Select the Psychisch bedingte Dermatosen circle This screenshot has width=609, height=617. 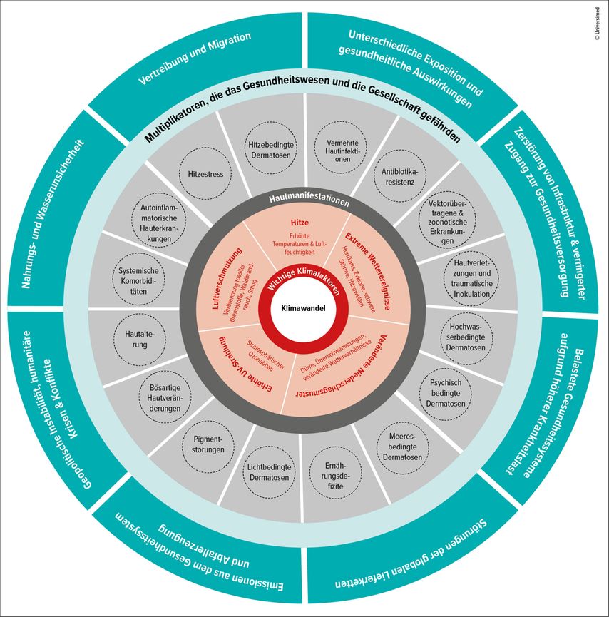(x=447, y=394)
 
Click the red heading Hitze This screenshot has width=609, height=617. (x=305, y=223)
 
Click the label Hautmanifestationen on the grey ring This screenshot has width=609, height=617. (x=305, y=201)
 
